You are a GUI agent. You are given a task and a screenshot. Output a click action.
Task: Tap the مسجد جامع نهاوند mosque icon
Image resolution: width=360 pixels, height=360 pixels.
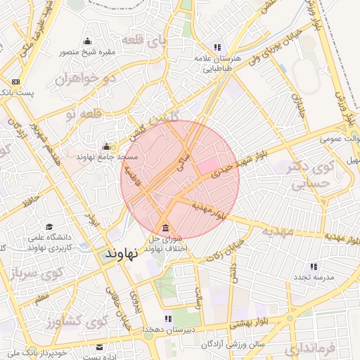point(106,146)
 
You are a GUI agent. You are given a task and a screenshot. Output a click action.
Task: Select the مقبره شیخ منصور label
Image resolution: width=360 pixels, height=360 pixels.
point(87,51)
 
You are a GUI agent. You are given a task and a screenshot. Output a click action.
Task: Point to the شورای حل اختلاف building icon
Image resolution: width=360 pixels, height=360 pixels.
point(165,229)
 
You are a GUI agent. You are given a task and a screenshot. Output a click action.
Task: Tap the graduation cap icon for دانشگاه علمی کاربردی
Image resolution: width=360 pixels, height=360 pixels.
point(49,226)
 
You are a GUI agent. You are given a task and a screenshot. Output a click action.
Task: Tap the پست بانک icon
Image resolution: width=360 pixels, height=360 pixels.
point(15,82)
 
